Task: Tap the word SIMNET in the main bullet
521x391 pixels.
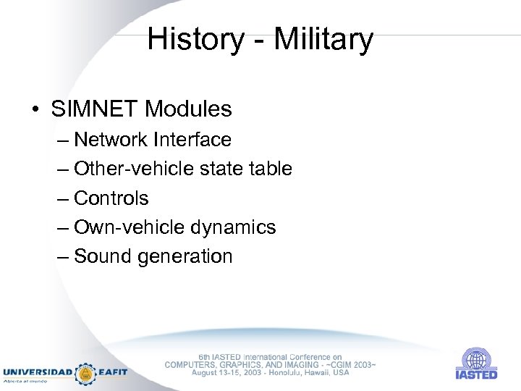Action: point(95,109)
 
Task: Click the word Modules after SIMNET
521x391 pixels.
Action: point(188,109)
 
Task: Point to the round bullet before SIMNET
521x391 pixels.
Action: point(35,110)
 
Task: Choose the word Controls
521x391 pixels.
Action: point(111,198)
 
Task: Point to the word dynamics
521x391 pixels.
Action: point(234,227)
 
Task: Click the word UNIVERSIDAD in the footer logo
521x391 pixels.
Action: point(37,372)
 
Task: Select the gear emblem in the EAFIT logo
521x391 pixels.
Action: point(85,372)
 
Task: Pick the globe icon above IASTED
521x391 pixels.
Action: point(476,358)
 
